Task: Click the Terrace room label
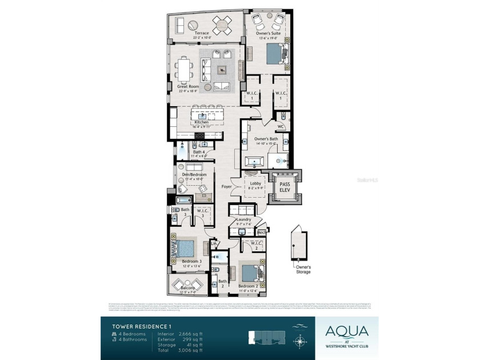(x=201, y=33)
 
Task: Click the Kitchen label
(x=201, y=122)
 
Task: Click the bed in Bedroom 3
(x=185, y=249)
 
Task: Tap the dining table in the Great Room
(x=184, y=71)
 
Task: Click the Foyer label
(x=226, y=187)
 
